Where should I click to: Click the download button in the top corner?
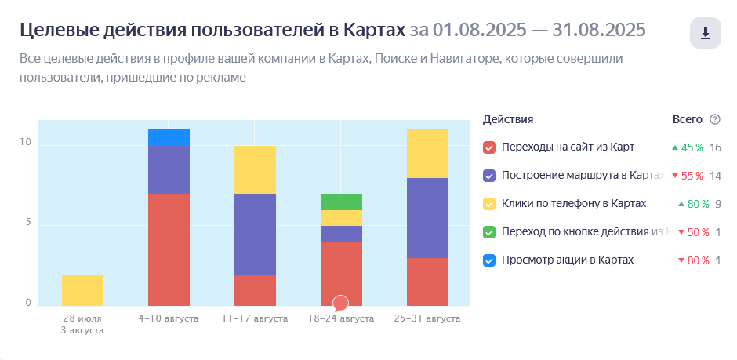click(x=705, y=33)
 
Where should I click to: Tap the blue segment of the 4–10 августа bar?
click(x=169, y=137)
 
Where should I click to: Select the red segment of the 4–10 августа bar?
click(x=169, y=249)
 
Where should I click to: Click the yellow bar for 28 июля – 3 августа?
click(x=82, y=289)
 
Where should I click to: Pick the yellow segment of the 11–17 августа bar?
click(x=255, y=169)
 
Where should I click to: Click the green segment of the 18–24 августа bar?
click(x=341, y=202)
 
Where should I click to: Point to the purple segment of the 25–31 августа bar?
click(x=427, y=218)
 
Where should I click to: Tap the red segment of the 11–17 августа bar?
click(x=255, y=289)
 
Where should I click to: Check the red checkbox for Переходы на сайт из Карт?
click(x=489, y=147)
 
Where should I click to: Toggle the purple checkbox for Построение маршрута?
click(x=489, y=176)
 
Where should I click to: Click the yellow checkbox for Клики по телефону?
click(x=489, y=204)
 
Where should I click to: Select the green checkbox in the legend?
click(x=489, y=232)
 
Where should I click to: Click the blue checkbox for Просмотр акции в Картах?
click(x=489, y=260)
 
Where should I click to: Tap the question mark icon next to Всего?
click(x=714, y=119)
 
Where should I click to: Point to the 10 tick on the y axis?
click(x=26, y=143)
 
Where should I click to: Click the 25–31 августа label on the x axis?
click(x=427, y=319)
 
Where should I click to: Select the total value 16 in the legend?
click(x=714, y=147)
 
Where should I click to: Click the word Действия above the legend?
click(x=508, y=119)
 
